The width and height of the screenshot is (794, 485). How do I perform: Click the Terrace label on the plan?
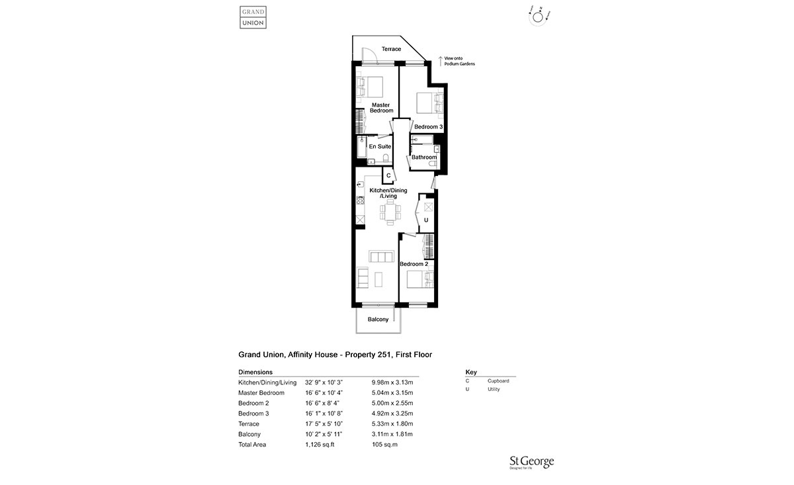[391, 49]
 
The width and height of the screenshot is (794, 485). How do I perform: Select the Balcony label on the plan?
[378, 320]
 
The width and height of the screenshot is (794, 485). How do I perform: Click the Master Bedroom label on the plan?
[380, 107]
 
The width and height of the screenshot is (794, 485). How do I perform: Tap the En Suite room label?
[380, 146]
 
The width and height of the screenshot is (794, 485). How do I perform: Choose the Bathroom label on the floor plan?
[424, 157]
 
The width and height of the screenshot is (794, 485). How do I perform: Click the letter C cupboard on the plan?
[388, 175]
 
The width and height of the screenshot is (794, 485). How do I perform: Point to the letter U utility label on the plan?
[426, 220]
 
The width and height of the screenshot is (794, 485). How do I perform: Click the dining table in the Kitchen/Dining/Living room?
[389, 212]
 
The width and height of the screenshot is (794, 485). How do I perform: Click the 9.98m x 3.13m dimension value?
[392, 382]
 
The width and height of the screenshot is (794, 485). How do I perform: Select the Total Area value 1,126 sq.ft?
[320, 445]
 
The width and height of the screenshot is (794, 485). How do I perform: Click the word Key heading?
[471, 373]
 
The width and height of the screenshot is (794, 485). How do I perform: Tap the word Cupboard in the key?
[498, 381]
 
